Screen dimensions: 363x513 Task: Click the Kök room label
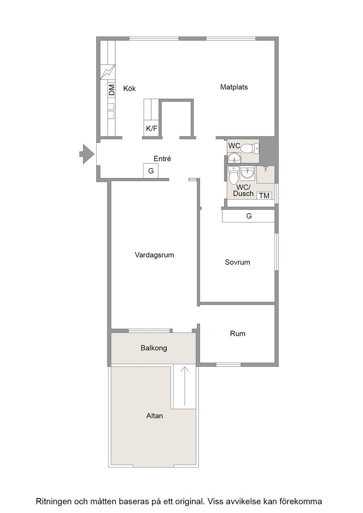pyautogui.click(x=129, y=88)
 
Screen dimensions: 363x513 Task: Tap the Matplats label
pyautogui.click(x=234, y=87)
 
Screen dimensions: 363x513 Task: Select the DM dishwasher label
pyautogui.click(x=112, y=90)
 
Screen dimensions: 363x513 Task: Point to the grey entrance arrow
pyautogui.click(x=87, y=154)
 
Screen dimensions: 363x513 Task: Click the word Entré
pyautogui.click(x=162, y=158)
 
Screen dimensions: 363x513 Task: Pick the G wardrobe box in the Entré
pyautogui.click(x=151, y=171)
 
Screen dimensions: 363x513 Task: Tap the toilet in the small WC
pyautogui.click(x=250, y=149)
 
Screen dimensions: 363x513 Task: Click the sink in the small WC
pyautogui.click(x=234, y=158)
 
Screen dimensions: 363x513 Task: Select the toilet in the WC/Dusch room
pyautogui.click(x=233, y=176)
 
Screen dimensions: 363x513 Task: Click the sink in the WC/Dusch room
pyautogui.click(x=247, y=174)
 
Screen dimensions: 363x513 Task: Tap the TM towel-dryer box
pyautogui.click(x=264, y=196)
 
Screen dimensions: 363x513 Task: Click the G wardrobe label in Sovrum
pyautogui.click(x=249, y=216)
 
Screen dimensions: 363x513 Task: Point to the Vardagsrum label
pyautogui.click(x=154, y=255)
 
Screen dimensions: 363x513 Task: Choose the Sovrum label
pyautogui.click(x=237, y=262)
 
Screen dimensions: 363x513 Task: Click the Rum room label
pyautogui.click(x=237, y=334)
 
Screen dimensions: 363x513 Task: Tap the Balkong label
pyautogui.click(x=154, y=348)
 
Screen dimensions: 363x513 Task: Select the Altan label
pyautogui.click(x=154, y=416)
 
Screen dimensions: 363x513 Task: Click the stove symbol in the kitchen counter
pyautogui.click(x=108, y=72)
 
